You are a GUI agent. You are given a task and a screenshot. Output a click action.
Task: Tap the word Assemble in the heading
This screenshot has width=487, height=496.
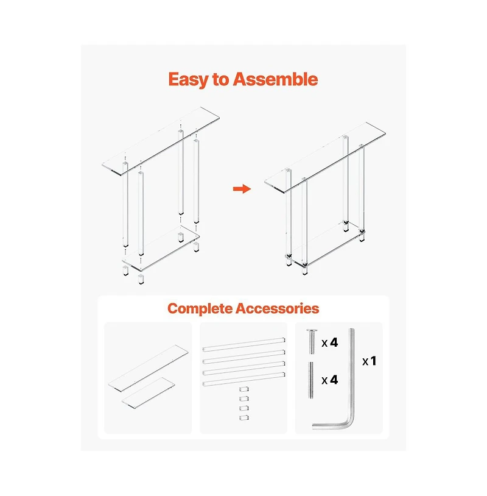tap(275, 79)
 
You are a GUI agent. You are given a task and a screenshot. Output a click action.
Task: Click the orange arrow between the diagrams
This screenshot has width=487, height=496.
tap(242, 189)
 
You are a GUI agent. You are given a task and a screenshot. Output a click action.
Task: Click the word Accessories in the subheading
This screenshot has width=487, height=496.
tap(277, 308)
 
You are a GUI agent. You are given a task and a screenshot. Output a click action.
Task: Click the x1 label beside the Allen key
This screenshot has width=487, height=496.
tap(369, 361)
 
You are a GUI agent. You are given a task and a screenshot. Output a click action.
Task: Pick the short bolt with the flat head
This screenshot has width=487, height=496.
tap(312, 342)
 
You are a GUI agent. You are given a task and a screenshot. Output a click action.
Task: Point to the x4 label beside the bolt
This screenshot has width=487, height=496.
tap(329, 342)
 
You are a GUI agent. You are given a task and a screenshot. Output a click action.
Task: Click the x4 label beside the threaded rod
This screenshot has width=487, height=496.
tap(329, 380)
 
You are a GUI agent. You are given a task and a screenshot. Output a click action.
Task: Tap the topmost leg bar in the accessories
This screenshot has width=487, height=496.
tap(243, 344)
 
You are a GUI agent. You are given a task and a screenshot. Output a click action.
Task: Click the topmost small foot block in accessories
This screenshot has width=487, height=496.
tap(243, 389)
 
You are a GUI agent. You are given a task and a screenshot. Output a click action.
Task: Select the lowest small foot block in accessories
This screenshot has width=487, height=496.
tap(243, 418)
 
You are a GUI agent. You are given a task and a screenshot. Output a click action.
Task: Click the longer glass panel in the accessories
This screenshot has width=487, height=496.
tap(148, 368)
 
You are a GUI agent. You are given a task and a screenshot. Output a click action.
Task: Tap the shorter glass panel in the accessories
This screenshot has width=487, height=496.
tap(148, 391)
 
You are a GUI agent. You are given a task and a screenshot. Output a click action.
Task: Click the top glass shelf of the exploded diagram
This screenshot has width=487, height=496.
tap(161, 141)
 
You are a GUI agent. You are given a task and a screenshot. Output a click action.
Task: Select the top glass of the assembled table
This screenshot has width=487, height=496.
tap(325, 158)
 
